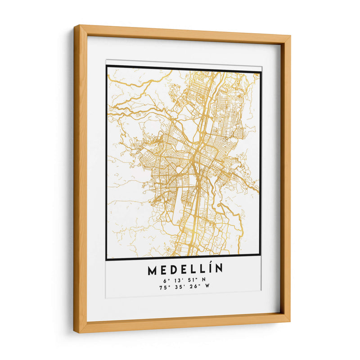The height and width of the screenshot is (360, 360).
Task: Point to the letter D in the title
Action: (x=174, y=270)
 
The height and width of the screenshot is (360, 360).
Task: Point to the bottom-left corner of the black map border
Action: (x=107, y=260)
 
